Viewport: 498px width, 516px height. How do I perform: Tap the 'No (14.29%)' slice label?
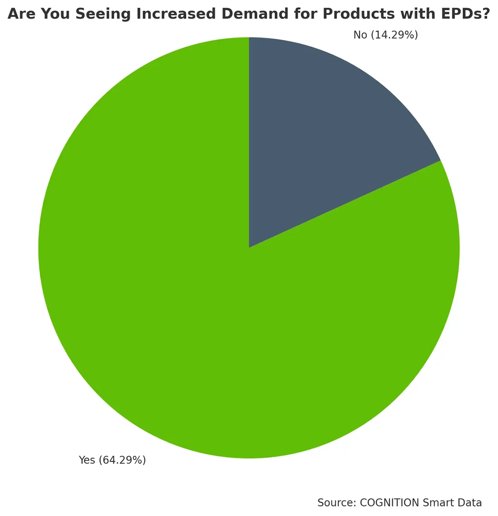(386, 35)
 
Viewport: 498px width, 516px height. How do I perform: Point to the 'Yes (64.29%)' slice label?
(112, 460)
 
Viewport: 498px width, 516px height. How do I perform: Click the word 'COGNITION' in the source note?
(389, 503)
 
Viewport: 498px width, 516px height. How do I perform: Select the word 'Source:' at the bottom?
(337, 503)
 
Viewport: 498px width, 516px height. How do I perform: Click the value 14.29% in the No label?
(394, 35)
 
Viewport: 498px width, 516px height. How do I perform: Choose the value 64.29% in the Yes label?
(122, 460)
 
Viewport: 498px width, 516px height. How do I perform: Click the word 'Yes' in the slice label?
(87, 460)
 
